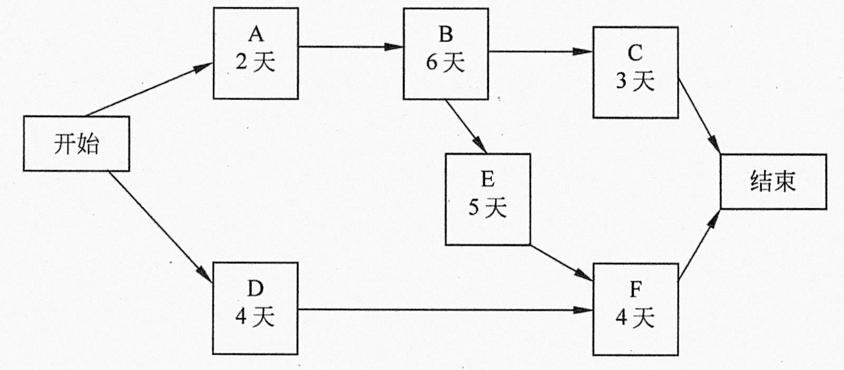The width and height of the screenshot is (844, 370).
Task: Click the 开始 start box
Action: tap(76, 143)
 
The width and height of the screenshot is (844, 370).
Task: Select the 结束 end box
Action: tap(773, 181)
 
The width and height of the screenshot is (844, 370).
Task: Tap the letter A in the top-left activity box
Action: tap(256, 35)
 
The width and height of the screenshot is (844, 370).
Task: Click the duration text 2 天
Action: tap(256, 62)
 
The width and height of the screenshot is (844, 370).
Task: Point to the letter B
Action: tap(446, 35)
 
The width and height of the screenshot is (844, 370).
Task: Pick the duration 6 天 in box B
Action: tap(446, 62)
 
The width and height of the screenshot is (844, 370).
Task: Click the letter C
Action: tap(635, 53)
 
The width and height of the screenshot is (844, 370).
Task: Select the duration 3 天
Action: tap(635, 81)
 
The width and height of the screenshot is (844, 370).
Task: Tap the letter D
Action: tap(255, 289)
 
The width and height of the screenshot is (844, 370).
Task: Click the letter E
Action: tap(488, 179)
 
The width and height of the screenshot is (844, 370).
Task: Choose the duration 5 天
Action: tap(488, 207)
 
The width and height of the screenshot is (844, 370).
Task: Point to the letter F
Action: tap(636, 289)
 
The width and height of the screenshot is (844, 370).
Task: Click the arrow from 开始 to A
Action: tap(149, 89)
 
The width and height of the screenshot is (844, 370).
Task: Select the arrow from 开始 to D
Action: tap(160, 227)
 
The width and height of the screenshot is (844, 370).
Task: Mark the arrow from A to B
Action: tap(351, 47)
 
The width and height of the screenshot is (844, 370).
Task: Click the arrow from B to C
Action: tap(541, 52)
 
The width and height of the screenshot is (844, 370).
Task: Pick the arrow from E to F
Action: tap(562, 262)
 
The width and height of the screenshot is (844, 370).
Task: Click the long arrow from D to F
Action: tap(446, 310)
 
